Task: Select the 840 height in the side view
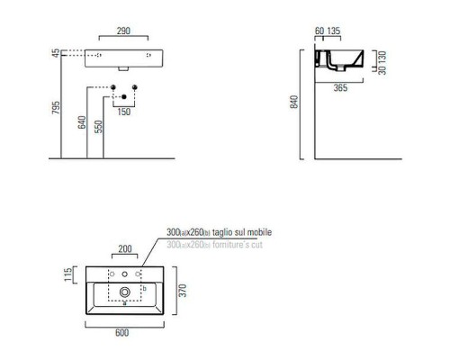293,103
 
